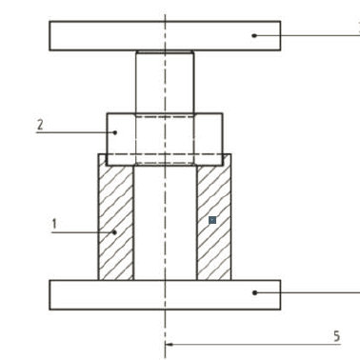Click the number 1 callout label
click(55, 224)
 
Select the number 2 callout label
click(40, 124)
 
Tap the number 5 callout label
click(335, 336)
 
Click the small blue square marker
click(212, 220)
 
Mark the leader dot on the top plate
click(254, 35)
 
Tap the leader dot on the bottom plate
click(254, 292)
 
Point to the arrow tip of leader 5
click(168, 345)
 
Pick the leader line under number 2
click(71, 132)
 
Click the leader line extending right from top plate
click(314, 35)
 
